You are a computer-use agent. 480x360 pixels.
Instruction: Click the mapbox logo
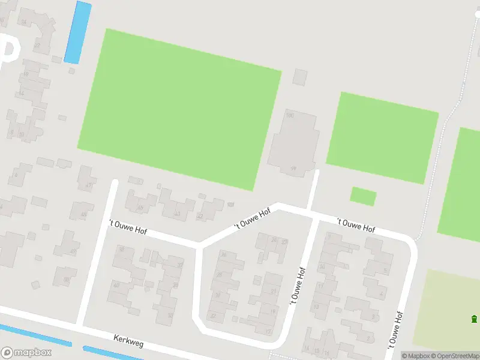(26, 353)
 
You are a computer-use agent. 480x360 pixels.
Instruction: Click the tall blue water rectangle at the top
(77, 32)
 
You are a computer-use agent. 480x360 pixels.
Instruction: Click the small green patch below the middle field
(363, 196)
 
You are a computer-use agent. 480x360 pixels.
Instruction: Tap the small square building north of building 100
(300, 77)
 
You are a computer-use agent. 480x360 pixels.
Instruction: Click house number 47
(88, 185)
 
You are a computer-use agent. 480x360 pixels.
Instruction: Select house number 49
(73, 251)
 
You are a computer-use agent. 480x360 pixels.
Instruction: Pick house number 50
(66, 280)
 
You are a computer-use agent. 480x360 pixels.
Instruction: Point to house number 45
(140, 208)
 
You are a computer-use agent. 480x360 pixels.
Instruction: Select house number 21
(273, 292)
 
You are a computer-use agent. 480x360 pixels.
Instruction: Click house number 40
(116, 284)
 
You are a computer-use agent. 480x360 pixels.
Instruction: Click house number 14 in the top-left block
(21, 93)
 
